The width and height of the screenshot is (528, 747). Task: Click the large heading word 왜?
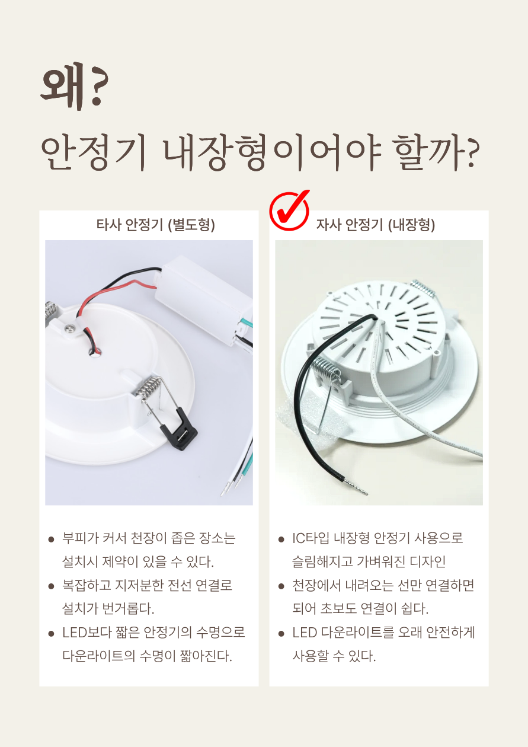tap(75, 86)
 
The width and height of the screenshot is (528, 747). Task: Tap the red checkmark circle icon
tap(289, 210)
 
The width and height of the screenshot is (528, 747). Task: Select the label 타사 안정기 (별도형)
tap(156, 225)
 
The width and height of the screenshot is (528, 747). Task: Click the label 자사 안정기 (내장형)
tap(376, 225)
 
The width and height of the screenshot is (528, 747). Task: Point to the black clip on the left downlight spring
tap(179, 430)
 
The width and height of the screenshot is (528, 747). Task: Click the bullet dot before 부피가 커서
tap(51, 539)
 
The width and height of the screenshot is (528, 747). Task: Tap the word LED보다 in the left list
tap(87, 633)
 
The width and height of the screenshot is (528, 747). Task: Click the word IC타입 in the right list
tap(311, 538)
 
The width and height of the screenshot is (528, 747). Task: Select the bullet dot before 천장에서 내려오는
tap(281, 586)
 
